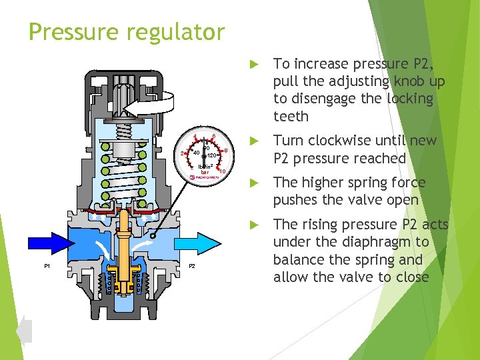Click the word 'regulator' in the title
pyautogui.click(x=176, y=32)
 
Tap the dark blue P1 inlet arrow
pyautogui.click(x=46, y=239)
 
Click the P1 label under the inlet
pyautogui.click(x=47, y=267)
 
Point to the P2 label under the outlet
pyautogui.click(x=191, y=267)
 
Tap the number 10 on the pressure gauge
pyautogui.click(x=223, y=171)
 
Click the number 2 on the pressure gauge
pyautogui.click(x=183, y=154)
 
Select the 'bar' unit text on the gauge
pyautogui.click(x=204, y=172)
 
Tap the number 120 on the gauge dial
pyautogui.click(x=211, y=155)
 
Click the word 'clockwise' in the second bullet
pyautogui.click(x=340, y=141)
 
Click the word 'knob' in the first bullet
pyautogui.click(x=427, y=81)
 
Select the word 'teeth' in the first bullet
pyautogui.click(x=291, y=117)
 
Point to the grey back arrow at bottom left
pyautogui.click(x=24, y=331)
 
